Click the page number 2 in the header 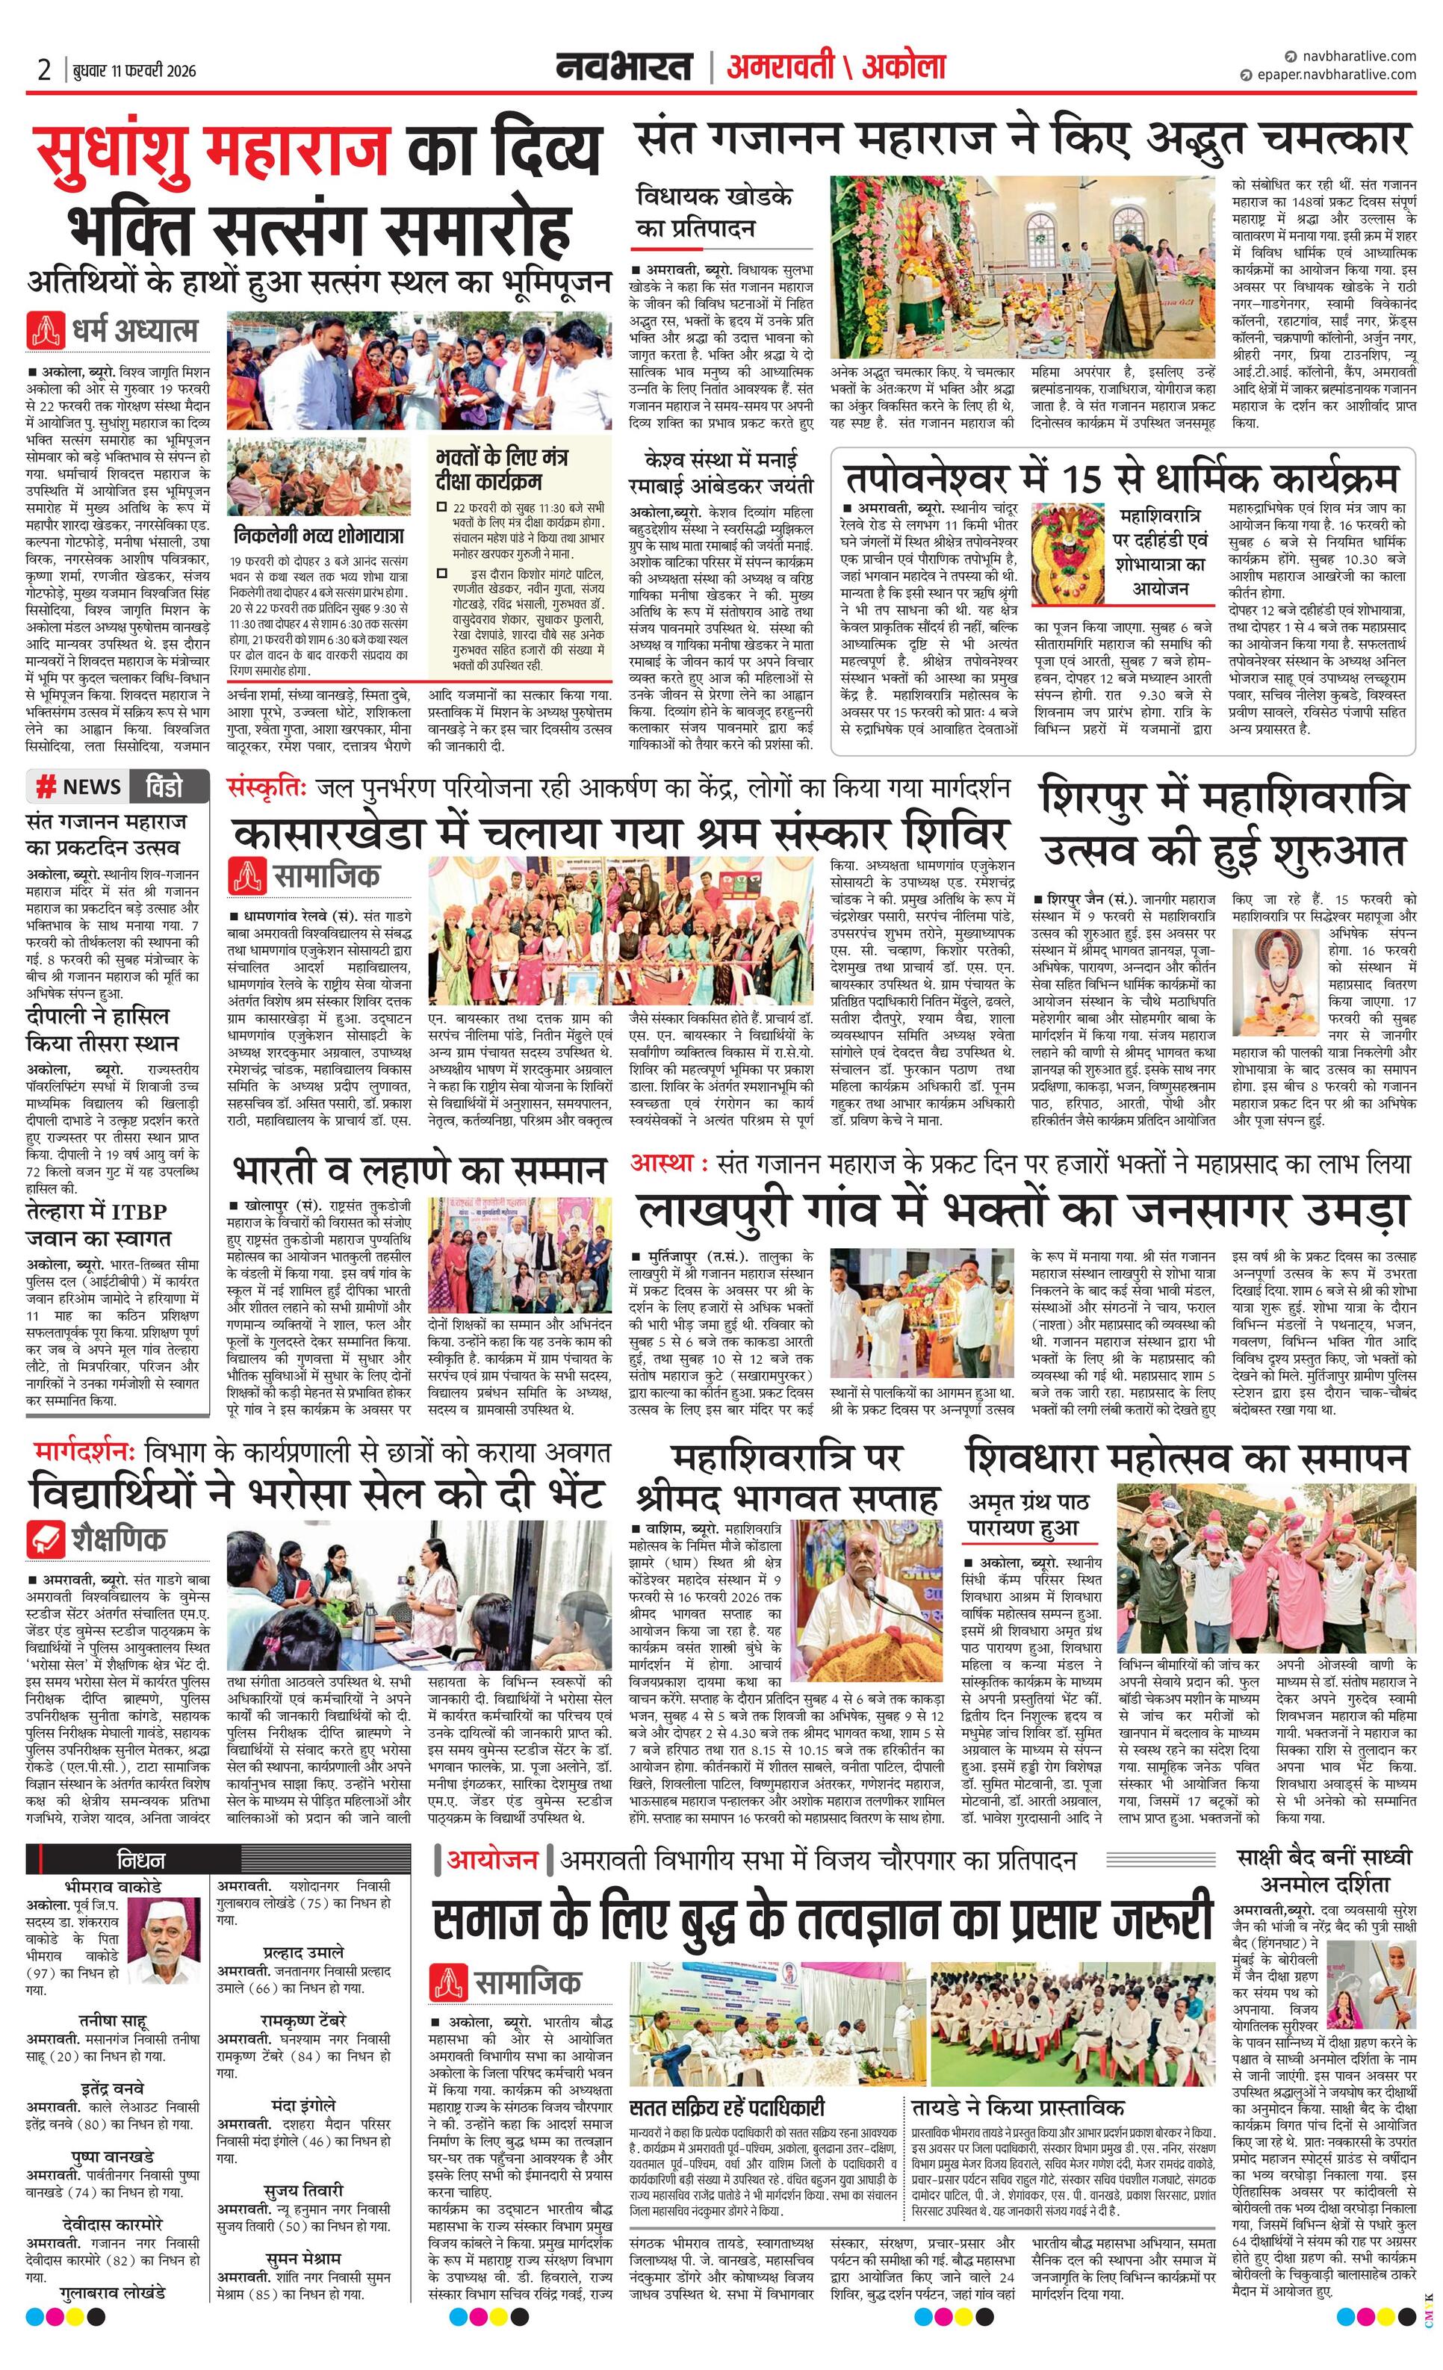click(x=43, y=69)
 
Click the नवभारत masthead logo click(x=624, y=66)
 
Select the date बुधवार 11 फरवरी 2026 click(x=134, y=70)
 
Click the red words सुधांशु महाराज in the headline click(x=211, y=151)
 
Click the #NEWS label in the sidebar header click(x=79, y=787)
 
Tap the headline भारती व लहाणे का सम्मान click(x=420, y=1170)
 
